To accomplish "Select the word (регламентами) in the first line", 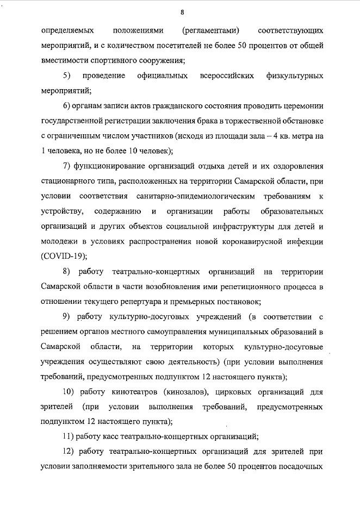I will pos(211,32).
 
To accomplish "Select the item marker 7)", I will pos(67,165).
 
